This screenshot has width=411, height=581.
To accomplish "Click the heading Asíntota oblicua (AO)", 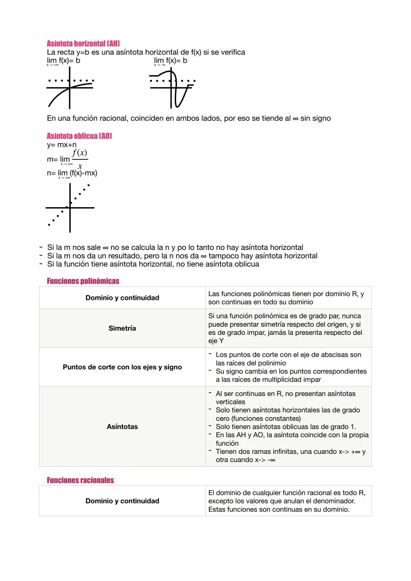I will point(79,136).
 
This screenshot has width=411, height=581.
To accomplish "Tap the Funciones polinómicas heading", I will point(83,281).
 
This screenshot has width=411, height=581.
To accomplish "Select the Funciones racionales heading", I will point(80,480).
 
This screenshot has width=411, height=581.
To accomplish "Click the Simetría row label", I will point(122,328).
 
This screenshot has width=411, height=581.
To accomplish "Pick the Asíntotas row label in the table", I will point(122,427).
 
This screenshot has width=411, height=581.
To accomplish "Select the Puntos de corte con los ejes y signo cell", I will point(122,367).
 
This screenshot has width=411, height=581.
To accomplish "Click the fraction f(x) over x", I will point(80,159).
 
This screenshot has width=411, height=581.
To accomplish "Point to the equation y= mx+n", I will point(62,145).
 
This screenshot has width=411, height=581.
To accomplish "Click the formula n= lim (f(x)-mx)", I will point(72,173).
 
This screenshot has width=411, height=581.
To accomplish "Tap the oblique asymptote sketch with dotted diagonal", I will point(70,207).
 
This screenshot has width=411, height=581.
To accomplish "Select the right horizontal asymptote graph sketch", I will point(172,88).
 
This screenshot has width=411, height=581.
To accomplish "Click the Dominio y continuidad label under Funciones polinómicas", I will point(122,298).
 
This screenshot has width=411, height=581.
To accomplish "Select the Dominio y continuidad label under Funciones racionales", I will point(122,501).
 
